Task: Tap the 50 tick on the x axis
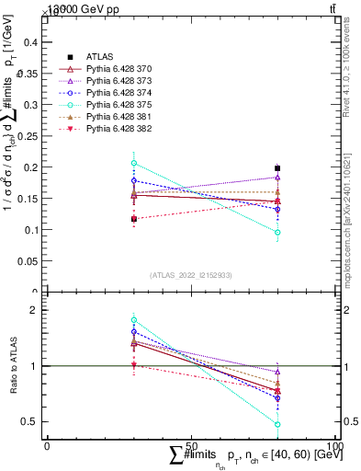[191, 444]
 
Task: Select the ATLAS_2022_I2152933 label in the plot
[191, 274]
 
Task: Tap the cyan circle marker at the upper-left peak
[134, 163]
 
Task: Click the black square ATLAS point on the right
[277, 168]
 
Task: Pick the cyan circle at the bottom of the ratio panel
[277, 424]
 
